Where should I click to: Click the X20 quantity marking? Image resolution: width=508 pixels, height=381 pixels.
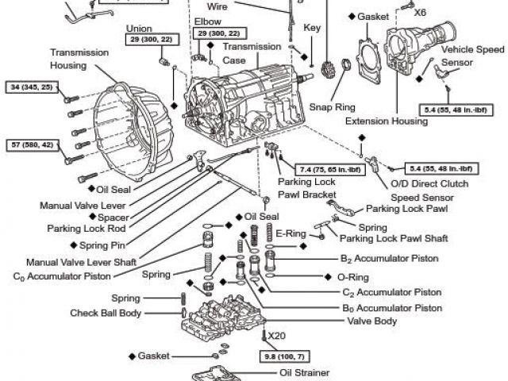tap(276, 336)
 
